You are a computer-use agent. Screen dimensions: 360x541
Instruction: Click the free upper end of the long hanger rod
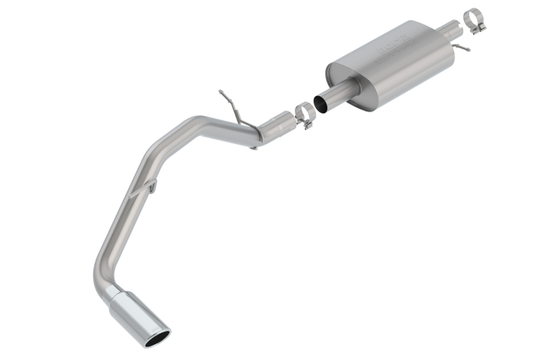click(220, 91)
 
